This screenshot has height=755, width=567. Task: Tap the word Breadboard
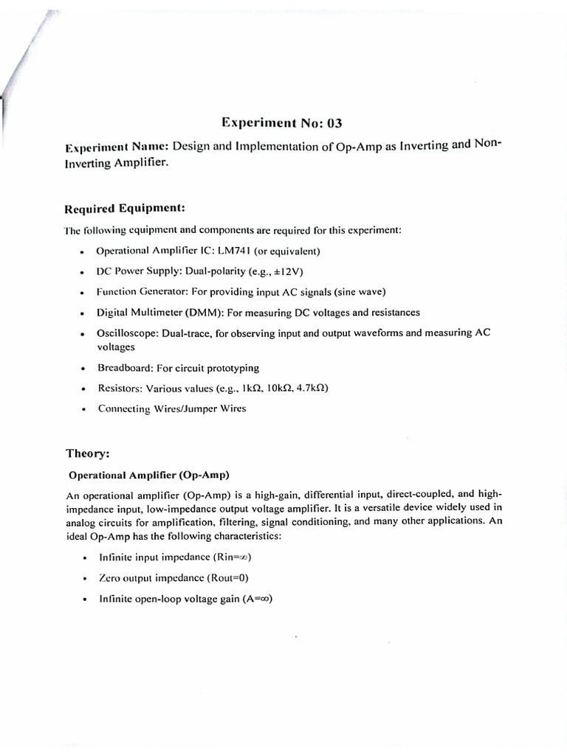[x=124, y=367]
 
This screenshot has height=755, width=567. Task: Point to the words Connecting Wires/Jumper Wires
[x=172, y=408]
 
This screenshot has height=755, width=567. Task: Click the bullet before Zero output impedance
[x=86, y=579]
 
